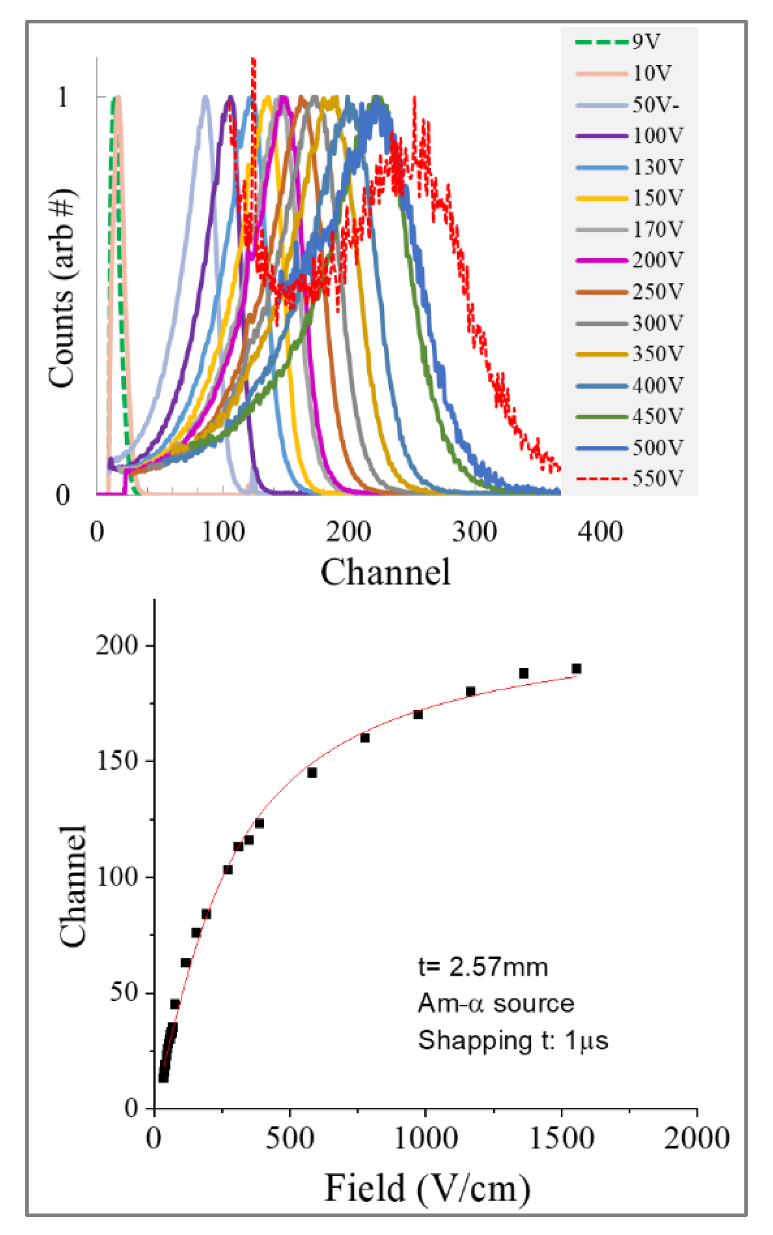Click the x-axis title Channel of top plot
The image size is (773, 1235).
click(385, 572)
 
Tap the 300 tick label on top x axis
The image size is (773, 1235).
click(474, 532)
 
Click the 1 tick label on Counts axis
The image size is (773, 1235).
click(63, 97)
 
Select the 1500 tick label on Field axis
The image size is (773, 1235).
click(561, 1138)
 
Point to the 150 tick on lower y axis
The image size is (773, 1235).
click(117, 761)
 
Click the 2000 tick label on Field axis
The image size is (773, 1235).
click(696, 1138)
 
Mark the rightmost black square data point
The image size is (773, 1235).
click(576, 669)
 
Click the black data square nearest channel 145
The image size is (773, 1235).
click(312, 772)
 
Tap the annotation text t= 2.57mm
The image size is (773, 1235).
click(483, 967)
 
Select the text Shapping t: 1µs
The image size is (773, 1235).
click(513, 1040)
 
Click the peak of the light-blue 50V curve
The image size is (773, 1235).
click(205, 97)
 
